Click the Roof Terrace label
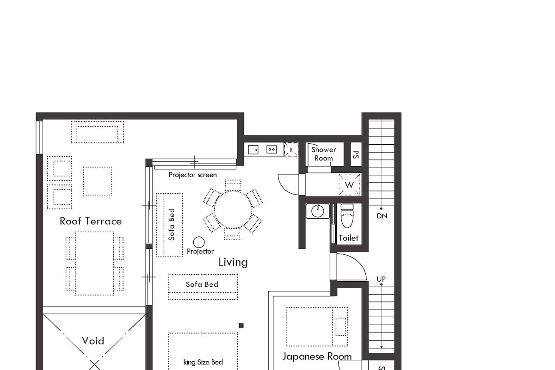coord(91,221)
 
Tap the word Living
coord(233,262)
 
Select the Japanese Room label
coord(317,356)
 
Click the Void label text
coord(93,341)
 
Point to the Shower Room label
coord(323,154)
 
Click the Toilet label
coord(348,238)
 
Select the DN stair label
coord(382,216)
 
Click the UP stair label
coord(382,279)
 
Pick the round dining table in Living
coord(233,209)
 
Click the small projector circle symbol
coord(199,242)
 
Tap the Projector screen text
coord(192,175)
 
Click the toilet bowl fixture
coord(347,217)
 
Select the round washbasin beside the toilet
coord(318,211)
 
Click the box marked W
coord(350,185)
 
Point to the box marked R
coord(291,150)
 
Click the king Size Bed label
coord(203,362)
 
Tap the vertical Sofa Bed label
coord(172,224)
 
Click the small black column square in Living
coord(241,326)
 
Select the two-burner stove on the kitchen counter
coord(271,149)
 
